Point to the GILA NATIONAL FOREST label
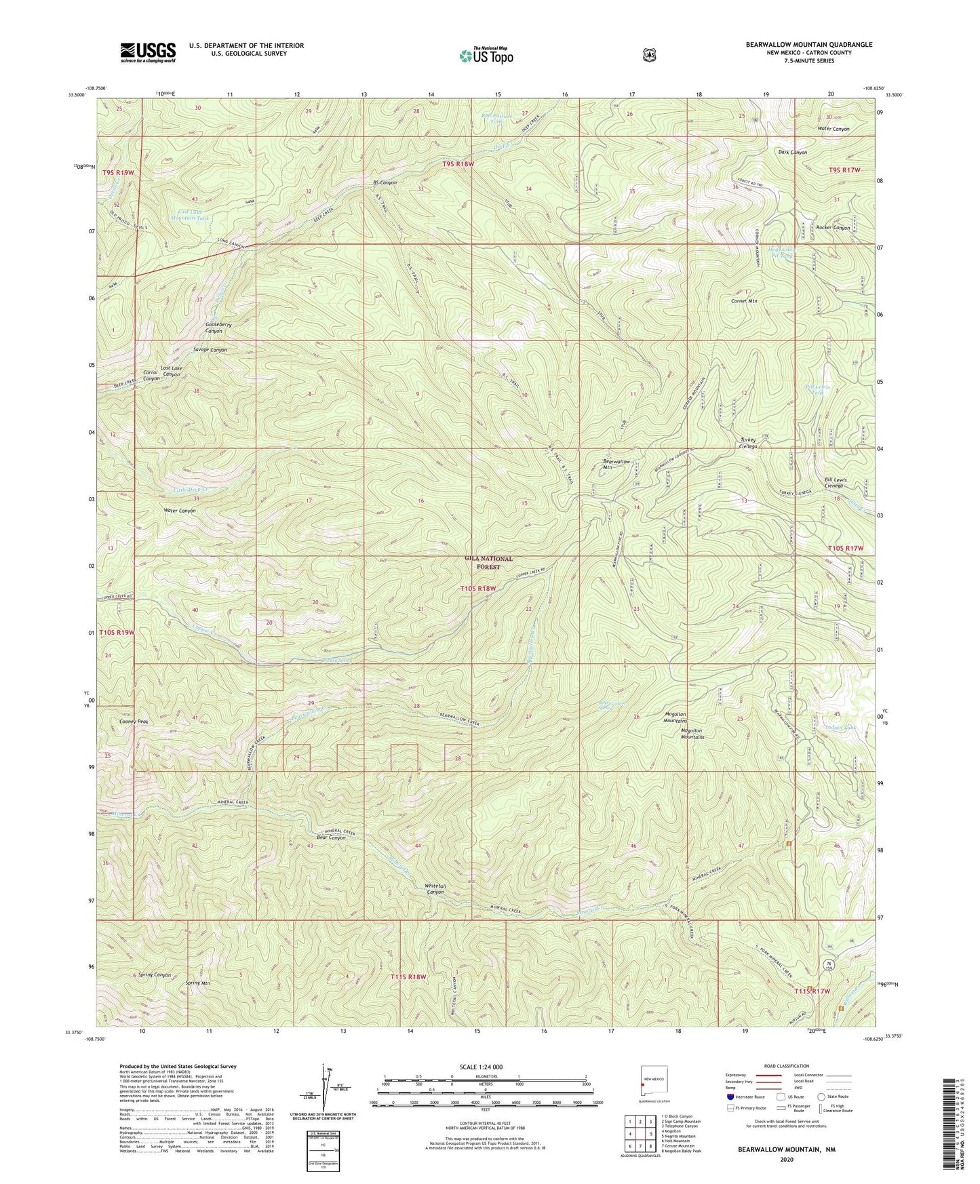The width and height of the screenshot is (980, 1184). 488,562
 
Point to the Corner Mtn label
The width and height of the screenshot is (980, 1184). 744,300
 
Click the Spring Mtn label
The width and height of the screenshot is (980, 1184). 198,982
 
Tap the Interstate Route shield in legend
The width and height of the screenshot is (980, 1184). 730,1097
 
